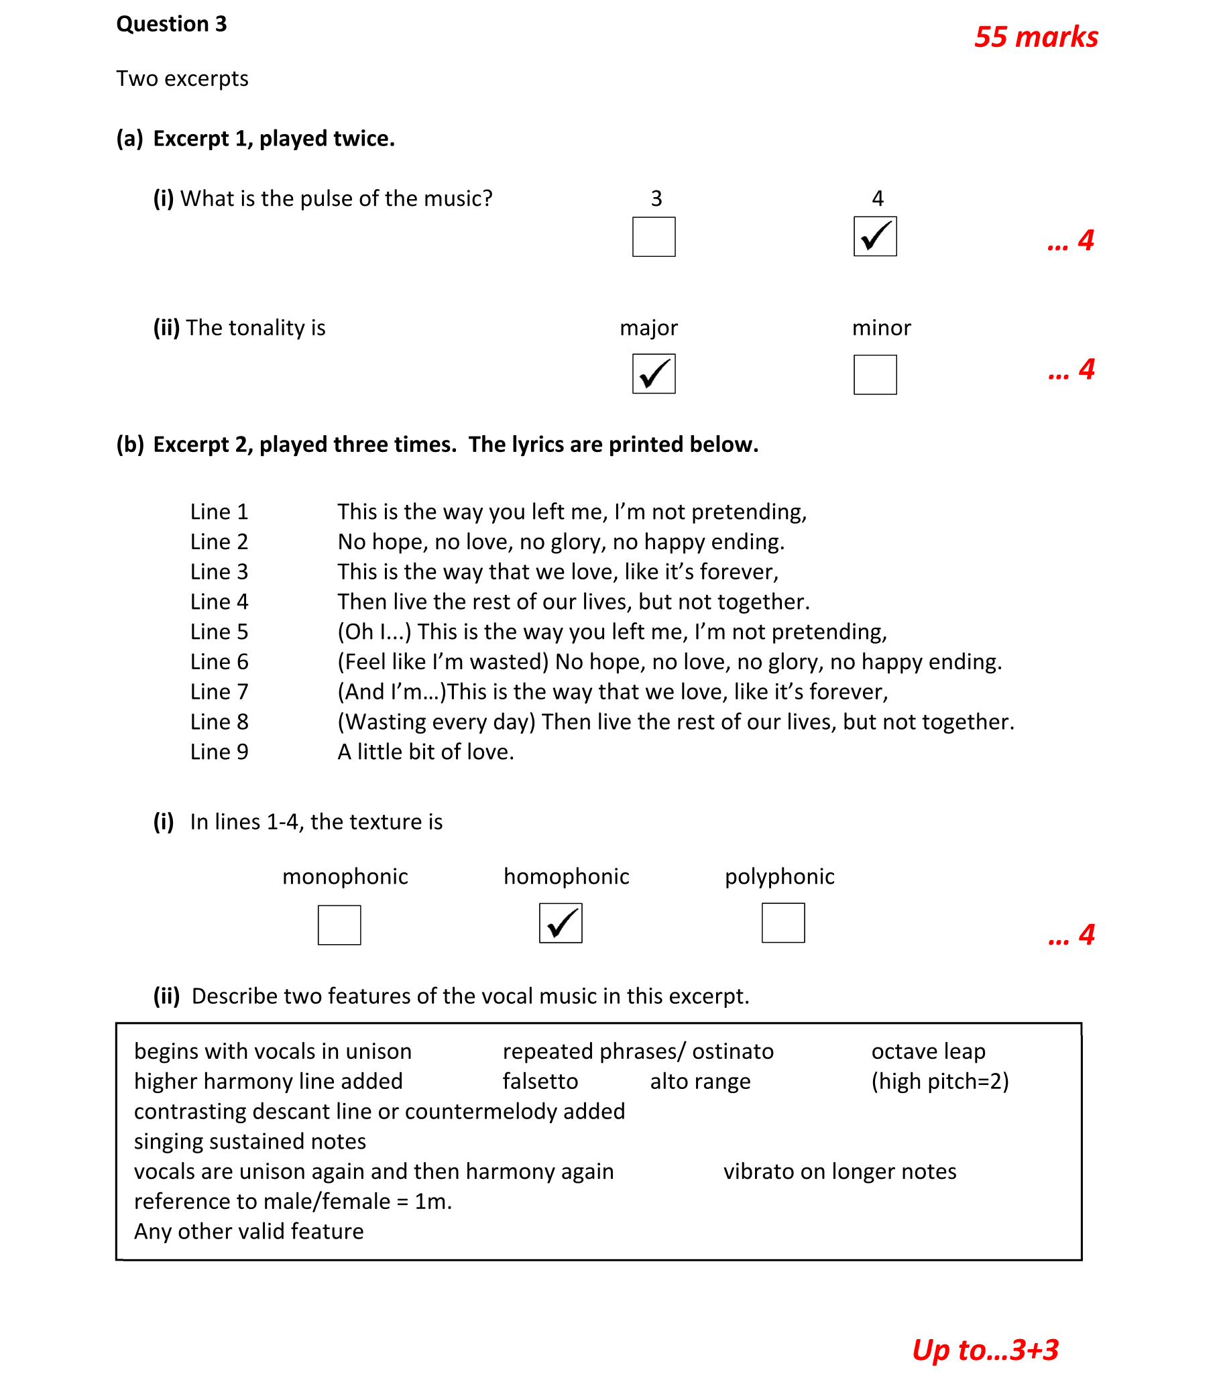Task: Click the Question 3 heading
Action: (x=172, y=24)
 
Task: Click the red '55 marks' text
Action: (x=1036, y=37)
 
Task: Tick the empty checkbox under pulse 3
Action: (x=653, y=237)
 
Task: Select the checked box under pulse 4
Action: (x=875, y=236)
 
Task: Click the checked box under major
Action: (x=653, y=373)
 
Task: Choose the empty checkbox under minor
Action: (x=875, y=375)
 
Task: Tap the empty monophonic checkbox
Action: (x=339, y=925)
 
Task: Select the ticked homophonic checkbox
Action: (x=561, y=923)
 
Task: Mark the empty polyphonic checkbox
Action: (x=783, y=923)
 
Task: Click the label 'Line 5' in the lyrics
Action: (x=219, y=632)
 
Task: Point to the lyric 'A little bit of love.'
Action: (x=425, y=752)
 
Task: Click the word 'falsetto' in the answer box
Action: (x=540, y=1082)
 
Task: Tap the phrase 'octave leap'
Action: (x=928, y=1052)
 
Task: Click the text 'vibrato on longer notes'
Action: (x=839, y=1171)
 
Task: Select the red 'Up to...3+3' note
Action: (x=985, y=1350)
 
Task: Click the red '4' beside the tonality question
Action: (x=1086, y=369)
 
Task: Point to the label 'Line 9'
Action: (x=219, y=752)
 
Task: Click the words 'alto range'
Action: (x=700, y=1082)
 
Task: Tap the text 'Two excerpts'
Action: (x=182, y=79)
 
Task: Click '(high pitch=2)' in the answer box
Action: (x=939, y=1082)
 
